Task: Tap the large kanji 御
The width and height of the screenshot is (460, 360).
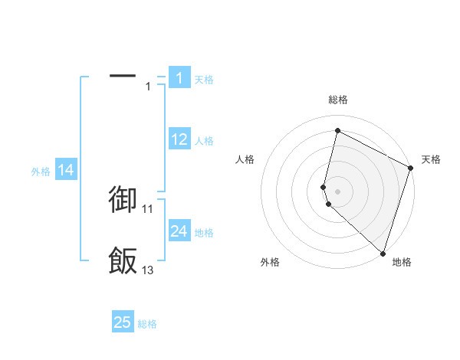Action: [123, 198]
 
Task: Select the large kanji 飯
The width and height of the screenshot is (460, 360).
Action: [123, 261]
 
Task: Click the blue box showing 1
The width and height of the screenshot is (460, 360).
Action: [179, 78]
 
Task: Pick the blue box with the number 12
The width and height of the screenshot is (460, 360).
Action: [179, 139]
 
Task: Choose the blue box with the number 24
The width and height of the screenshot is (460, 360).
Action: [179, 231]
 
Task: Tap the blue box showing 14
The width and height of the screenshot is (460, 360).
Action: [66, 171]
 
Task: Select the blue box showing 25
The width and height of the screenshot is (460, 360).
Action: [123, 322]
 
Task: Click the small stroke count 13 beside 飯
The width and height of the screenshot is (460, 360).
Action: [147, 270]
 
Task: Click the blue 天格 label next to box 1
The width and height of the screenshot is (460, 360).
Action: [204, 80]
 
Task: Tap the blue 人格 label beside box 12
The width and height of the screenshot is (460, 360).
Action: [204, 141]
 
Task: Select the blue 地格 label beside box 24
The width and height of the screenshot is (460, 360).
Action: [204, 233]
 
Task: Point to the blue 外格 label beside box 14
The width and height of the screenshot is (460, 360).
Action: [41, 172]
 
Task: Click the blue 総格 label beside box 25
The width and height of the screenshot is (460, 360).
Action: [147, 325]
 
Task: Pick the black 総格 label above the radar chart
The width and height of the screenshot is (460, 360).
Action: [337, 100]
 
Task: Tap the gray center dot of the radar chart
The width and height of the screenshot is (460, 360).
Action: [337, 191]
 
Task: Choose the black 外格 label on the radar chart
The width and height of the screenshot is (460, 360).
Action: [270, 263]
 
